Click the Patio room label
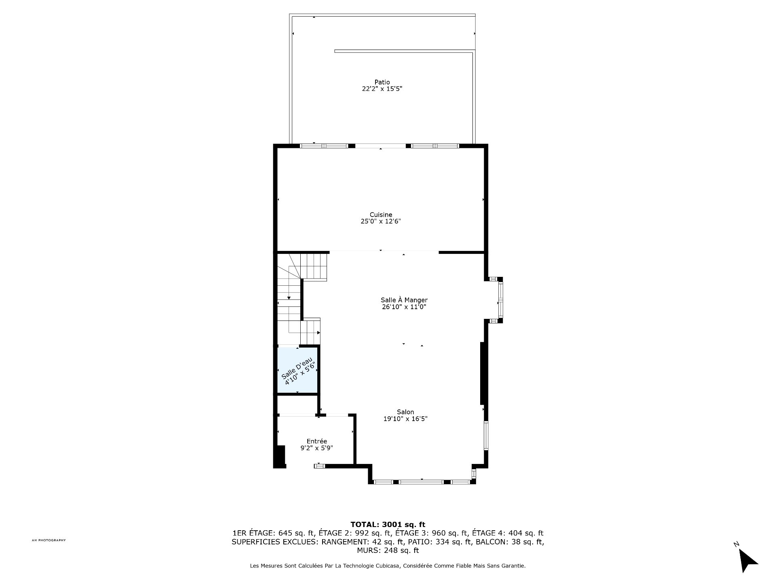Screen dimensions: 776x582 [x=382, y=82]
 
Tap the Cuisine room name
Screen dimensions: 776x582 [x=381, y=215]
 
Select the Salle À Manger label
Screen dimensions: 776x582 [x=404, y=300]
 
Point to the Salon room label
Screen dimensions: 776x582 [x=405, y=412]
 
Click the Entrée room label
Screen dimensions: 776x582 [x=316, y=441]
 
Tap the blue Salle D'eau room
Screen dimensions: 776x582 [x=297, y=370]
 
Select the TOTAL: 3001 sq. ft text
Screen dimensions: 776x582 [x=388, y=525]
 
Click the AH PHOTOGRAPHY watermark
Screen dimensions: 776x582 [x=48, y=540]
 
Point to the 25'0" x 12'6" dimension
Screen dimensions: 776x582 [x=381, y=221]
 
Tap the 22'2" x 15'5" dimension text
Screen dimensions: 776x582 [x=382, y=89]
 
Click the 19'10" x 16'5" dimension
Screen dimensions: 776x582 [x=405, y=419]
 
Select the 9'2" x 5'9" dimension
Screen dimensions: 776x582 [x=316, y=448]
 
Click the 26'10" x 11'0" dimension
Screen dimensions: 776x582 [x=404, y=307]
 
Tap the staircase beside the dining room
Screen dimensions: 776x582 [x=299, y=299]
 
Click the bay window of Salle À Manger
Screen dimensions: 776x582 [x=496, y=300]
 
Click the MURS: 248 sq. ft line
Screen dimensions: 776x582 [x=388, y=550]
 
